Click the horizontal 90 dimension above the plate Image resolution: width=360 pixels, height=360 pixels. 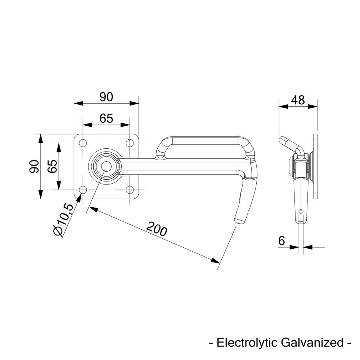tap(106, 97)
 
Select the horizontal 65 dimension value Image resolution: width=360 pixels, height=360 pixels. tap(106, 118)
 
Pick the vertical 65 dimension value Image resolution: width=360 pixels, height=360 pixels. tap(53, 166)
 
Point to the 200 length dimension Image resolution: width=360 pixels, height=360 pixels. tap(157, 229)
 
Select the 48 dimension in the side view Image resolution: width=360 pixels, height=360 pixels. tap(298, 100)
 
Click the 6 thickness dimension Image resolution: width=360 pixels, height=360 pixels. tap(282, 240)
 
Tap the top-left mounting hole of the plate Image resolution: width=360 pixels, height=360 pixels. tap(83, 143)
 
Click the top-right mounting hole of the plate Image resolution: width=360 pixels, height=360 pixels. tap(130, 143)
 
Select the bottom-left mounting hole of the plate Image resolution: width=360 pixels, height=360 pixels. tap(83, 190)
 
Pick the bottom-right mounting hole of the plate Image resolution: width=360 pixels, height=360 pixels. tap(130, 190)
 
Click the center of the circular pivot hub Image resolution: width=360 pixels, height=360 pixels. tap(106, 166)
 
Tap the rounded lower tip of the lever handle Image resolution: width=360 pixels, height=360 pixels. tap(239, 219)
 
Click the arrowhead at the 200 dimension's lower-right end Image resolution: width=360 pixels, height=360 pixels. tap(216, 261)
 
